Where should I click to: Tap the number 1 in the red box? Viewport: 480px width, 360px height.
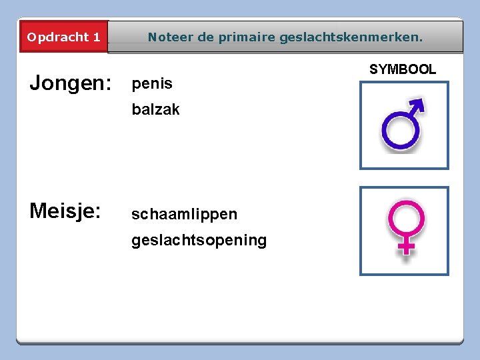(97, 37)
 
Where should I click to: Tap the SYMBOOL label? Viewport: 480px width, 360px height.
(403, 69)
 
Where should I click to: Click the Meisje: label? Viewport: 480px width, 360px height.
(65, 211)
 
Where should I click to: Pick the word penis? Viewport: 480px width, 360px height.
(152, 84)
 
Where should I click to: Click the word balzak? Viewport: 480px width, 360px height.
(155, 110)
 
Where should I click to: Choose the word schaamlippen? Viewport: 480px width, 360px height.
(184, 214)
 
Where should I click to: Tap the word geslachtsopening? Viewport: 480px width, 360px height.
(199, 240)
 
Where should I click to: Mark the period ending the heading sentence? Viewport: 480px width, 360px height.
(421, 40)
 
